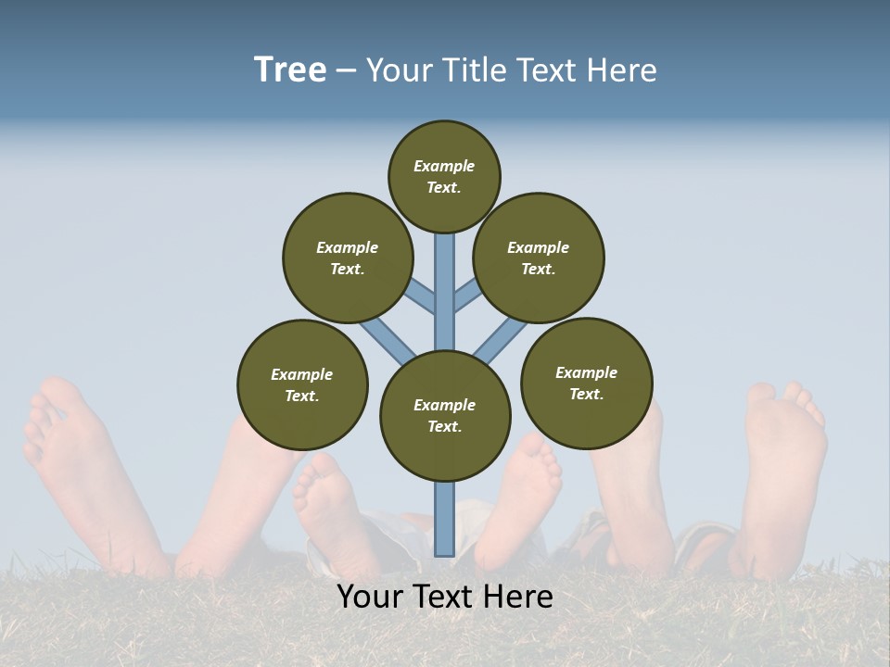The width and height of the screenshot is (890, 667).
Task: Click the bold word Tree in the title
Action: coord(290,69)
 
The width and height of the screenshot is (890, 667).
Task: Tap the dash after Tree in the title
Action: coord(346,71)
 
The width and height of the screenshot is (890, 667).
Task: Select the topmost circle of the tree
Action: coord(444,176)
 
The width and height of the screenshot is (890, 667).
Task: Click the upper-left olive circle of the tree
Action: coord(348,258)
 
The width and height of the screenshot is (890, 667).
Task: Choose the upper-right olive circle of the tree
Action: coord(539,258)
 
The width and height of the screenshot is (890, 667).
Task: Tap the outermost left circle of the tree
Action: coord(302,384)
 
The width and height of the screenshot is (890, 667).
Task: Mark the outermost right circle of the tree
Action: coord(587,383)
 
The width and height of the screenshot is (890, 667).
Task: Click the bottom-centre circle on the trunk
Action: coord(445,415)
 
